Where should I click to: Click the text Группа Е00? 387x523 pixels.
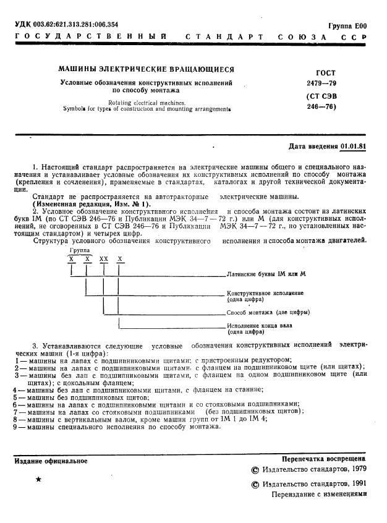[x=347, y=26]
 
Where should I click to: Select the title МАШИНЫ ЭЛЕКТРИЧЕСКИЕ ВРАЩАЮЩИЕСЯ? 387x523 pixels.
[x=146, y=69]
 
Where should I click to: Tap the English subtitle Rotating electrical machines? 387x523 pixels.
[x=146, y=102]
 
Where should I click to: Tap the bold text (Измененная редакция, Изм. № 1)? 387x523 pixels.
[x=91, y=204]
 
